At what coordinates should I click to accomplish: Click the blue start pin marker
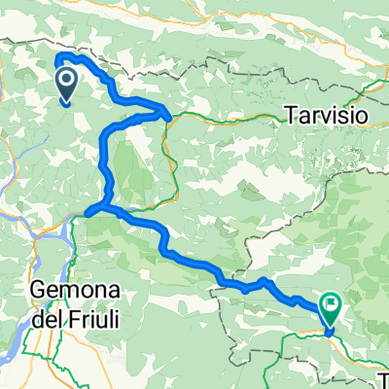67,82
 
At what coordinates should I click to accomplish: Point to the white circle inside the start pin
67,78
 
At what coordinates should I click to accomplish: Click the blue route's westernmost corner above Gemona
86,211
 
